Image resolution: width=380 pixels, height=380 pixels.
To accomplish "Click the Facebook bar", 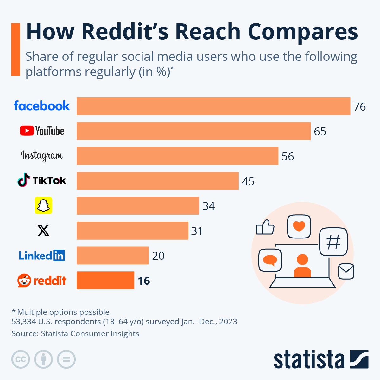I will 213,106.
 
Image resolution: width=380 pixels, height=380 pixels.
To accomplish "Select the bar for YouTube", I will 193,131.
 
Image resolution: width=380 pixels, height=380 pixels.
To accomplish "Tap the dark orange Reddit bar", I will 105,280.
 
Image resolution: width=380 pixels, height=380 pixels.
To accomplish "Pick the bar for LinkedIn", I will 112,255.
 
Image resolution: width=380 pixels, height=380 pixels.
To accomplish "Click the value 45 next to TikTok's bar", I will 248,181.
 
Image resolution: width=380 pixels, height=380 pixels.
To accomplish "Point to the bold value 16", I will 144,281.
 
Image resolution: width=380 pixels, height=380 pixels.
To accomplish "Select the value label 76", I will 359,107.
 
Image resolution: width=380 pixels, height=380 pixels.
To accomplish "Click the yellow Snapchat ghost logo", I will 43,206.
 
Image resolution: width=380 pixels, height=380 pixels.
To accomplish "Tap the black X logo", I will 43,231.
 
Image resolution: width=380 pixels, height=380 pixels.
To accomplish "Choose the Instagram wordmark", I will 41,155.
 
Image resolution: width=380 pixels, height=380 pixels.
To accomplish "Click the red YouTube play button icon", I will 27,130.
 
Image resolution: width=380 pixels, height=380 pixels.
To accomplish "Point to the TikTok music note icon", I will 24,180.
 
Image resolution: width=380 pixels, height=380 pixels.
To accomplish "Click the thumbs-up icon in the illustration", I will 265,227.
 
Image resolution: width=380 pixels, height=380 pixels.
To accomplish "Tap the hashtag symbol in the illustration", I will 333,242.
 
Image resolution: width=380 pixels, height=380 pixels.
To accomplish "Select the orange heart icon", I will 299,226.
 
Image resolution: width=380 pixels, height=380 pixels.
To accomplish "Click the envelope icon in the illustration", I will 346,271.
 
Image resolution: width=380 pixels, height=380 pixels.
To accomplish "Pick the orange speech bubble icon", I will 270,260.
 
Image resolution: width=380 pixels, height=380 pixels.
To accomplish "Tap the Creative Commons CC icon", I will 21,359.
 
